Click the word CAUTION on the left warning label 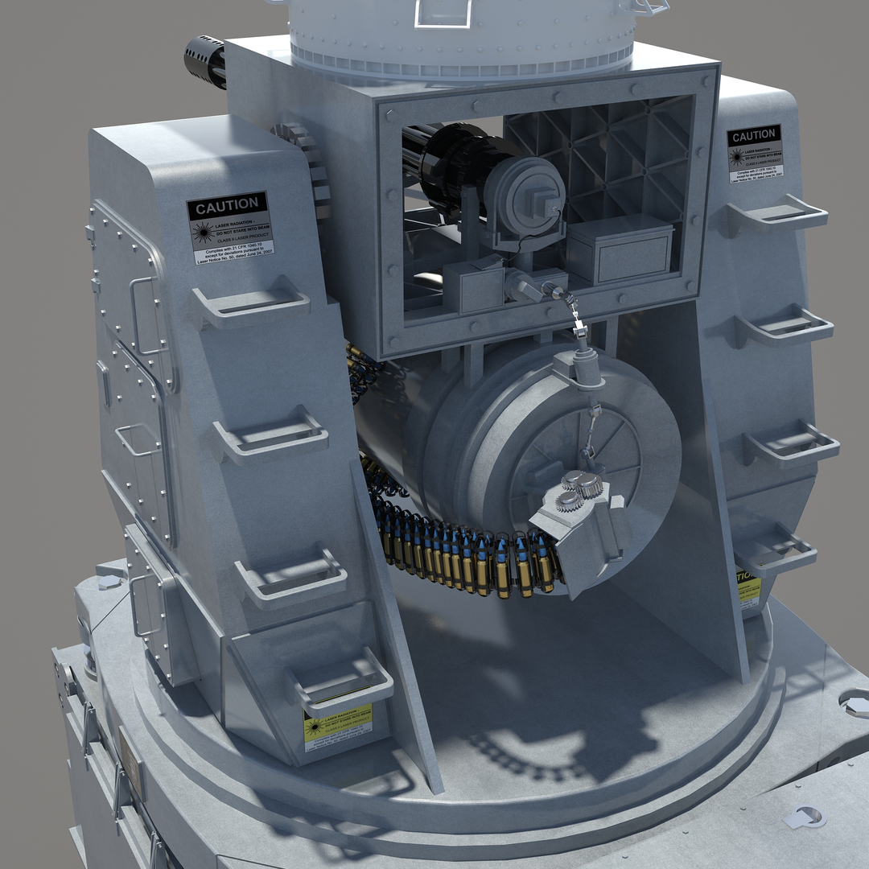[228, 206]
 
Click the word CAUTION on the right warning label [754, 136]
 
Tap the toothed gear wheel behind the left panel [306, 161]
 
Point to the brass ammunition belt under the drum [467, 555]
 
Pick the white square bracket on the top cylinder [443, 12]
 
